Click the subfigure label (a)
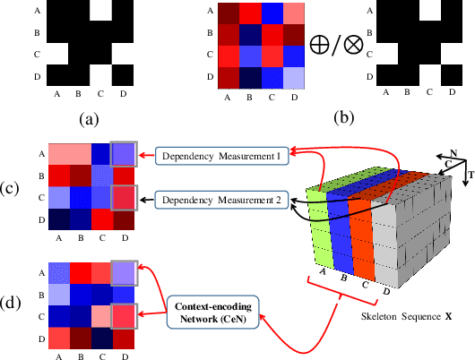90,116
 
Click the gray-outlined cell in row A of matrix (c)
125,156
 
